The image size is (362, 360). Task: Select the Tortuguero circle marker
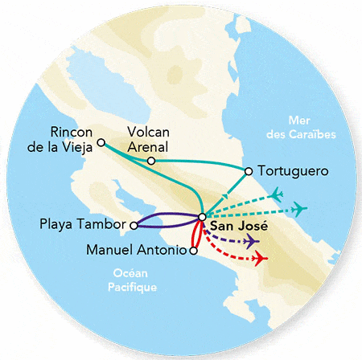pyautogui.click(x=249, y=170)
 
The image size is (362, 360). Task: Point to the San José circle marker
pyautogui.click(x=202, y=215)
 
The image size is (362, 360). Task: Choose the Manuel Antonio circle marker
pyautogui.click(x=192, y=251)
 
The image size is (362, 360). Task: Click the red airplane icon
pyautogui.click(x=259, y=259)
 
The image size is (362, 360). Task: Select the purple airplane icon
pyautogui.click(x=252, y=242)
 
